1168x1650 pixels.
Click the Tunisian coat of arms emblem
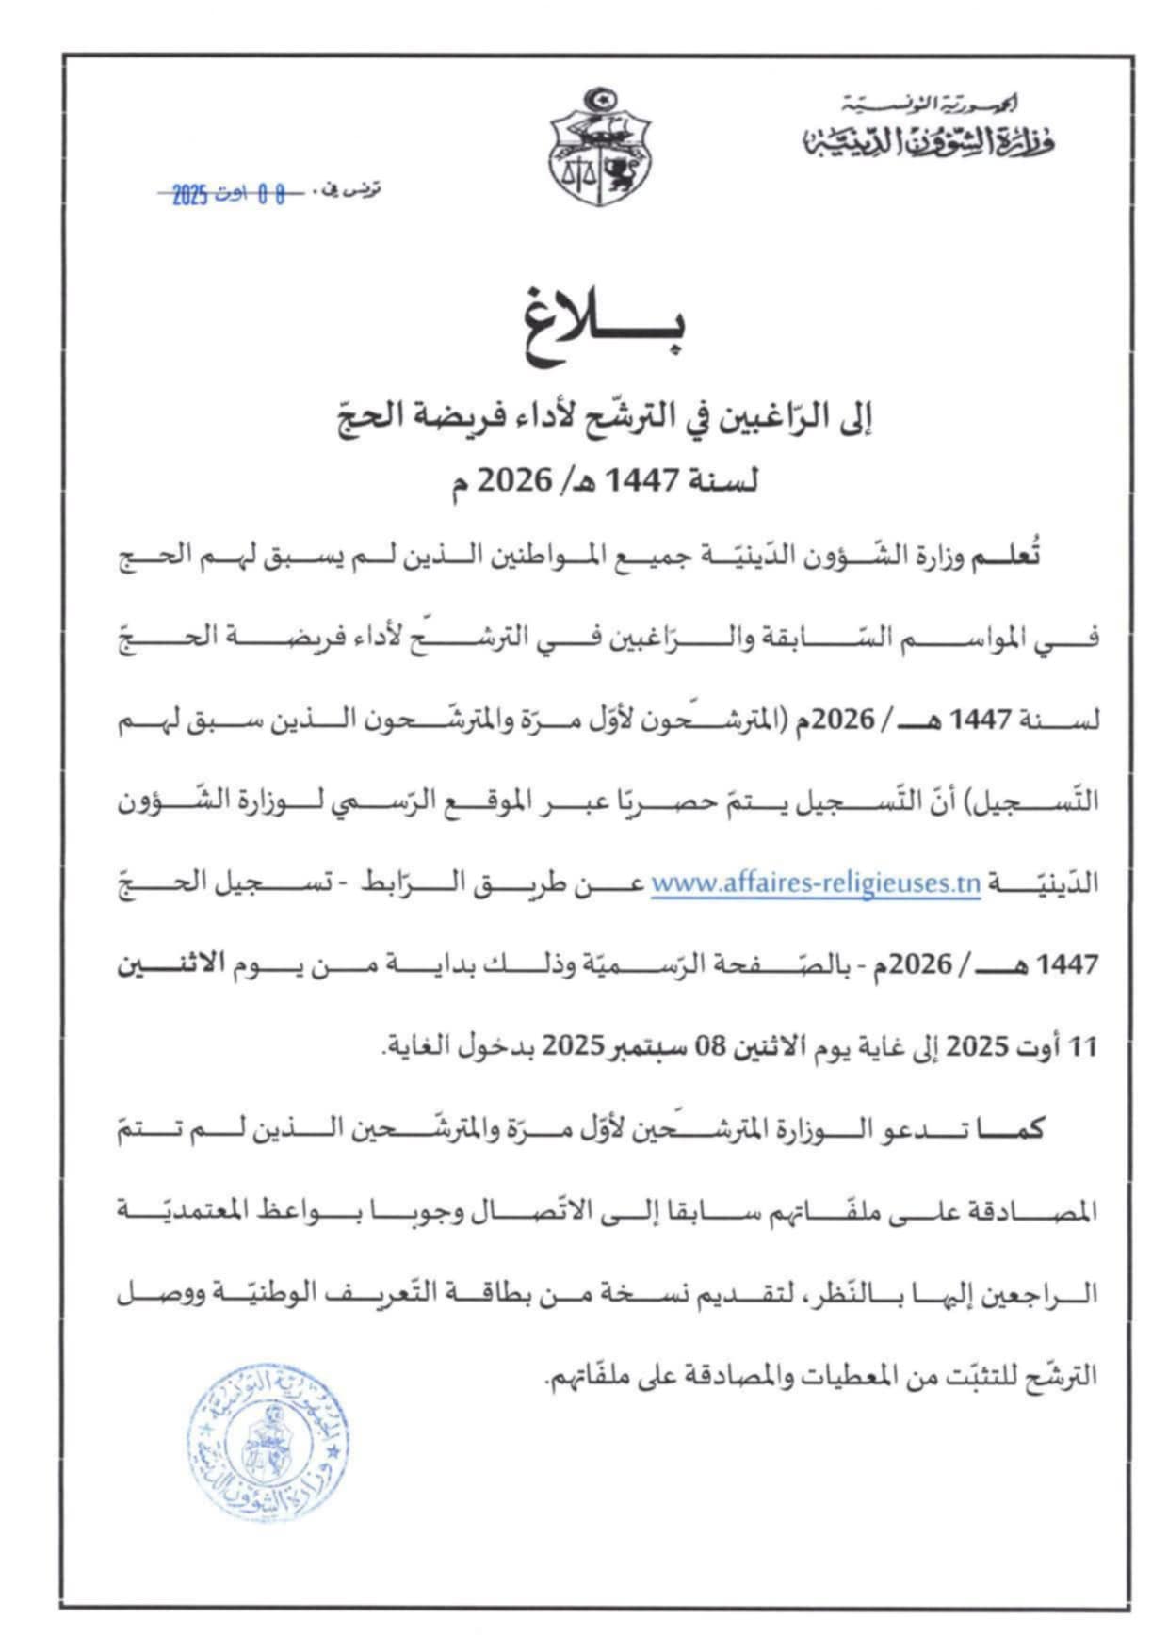pos(600,148)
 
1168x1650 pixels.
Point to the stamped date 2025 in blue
pos(189,195)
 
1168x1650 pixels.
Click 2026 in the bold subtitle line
pos(516,480)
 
